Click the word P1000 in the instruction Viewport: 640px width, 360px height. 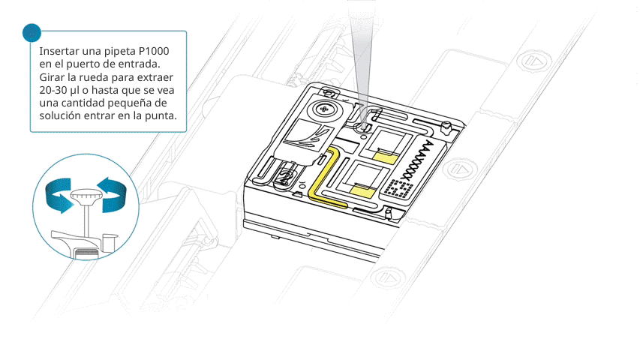click(x=154, y=51)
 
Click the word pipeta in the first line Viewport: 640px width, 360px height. click(x=119, y=52)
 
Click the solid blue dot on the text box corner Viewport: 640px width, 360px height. click(x=32, y=33)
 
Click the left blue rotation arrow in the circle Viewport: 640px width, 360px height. click(x=59, y=195)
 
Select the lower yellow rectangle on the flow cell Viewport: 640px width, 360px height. click(x=362, y=190)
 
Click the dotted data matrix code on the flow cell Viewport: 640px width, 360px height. click(x=399, y=188)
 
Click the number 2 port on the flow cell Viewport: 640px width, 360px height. click(x=286, y=178)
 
